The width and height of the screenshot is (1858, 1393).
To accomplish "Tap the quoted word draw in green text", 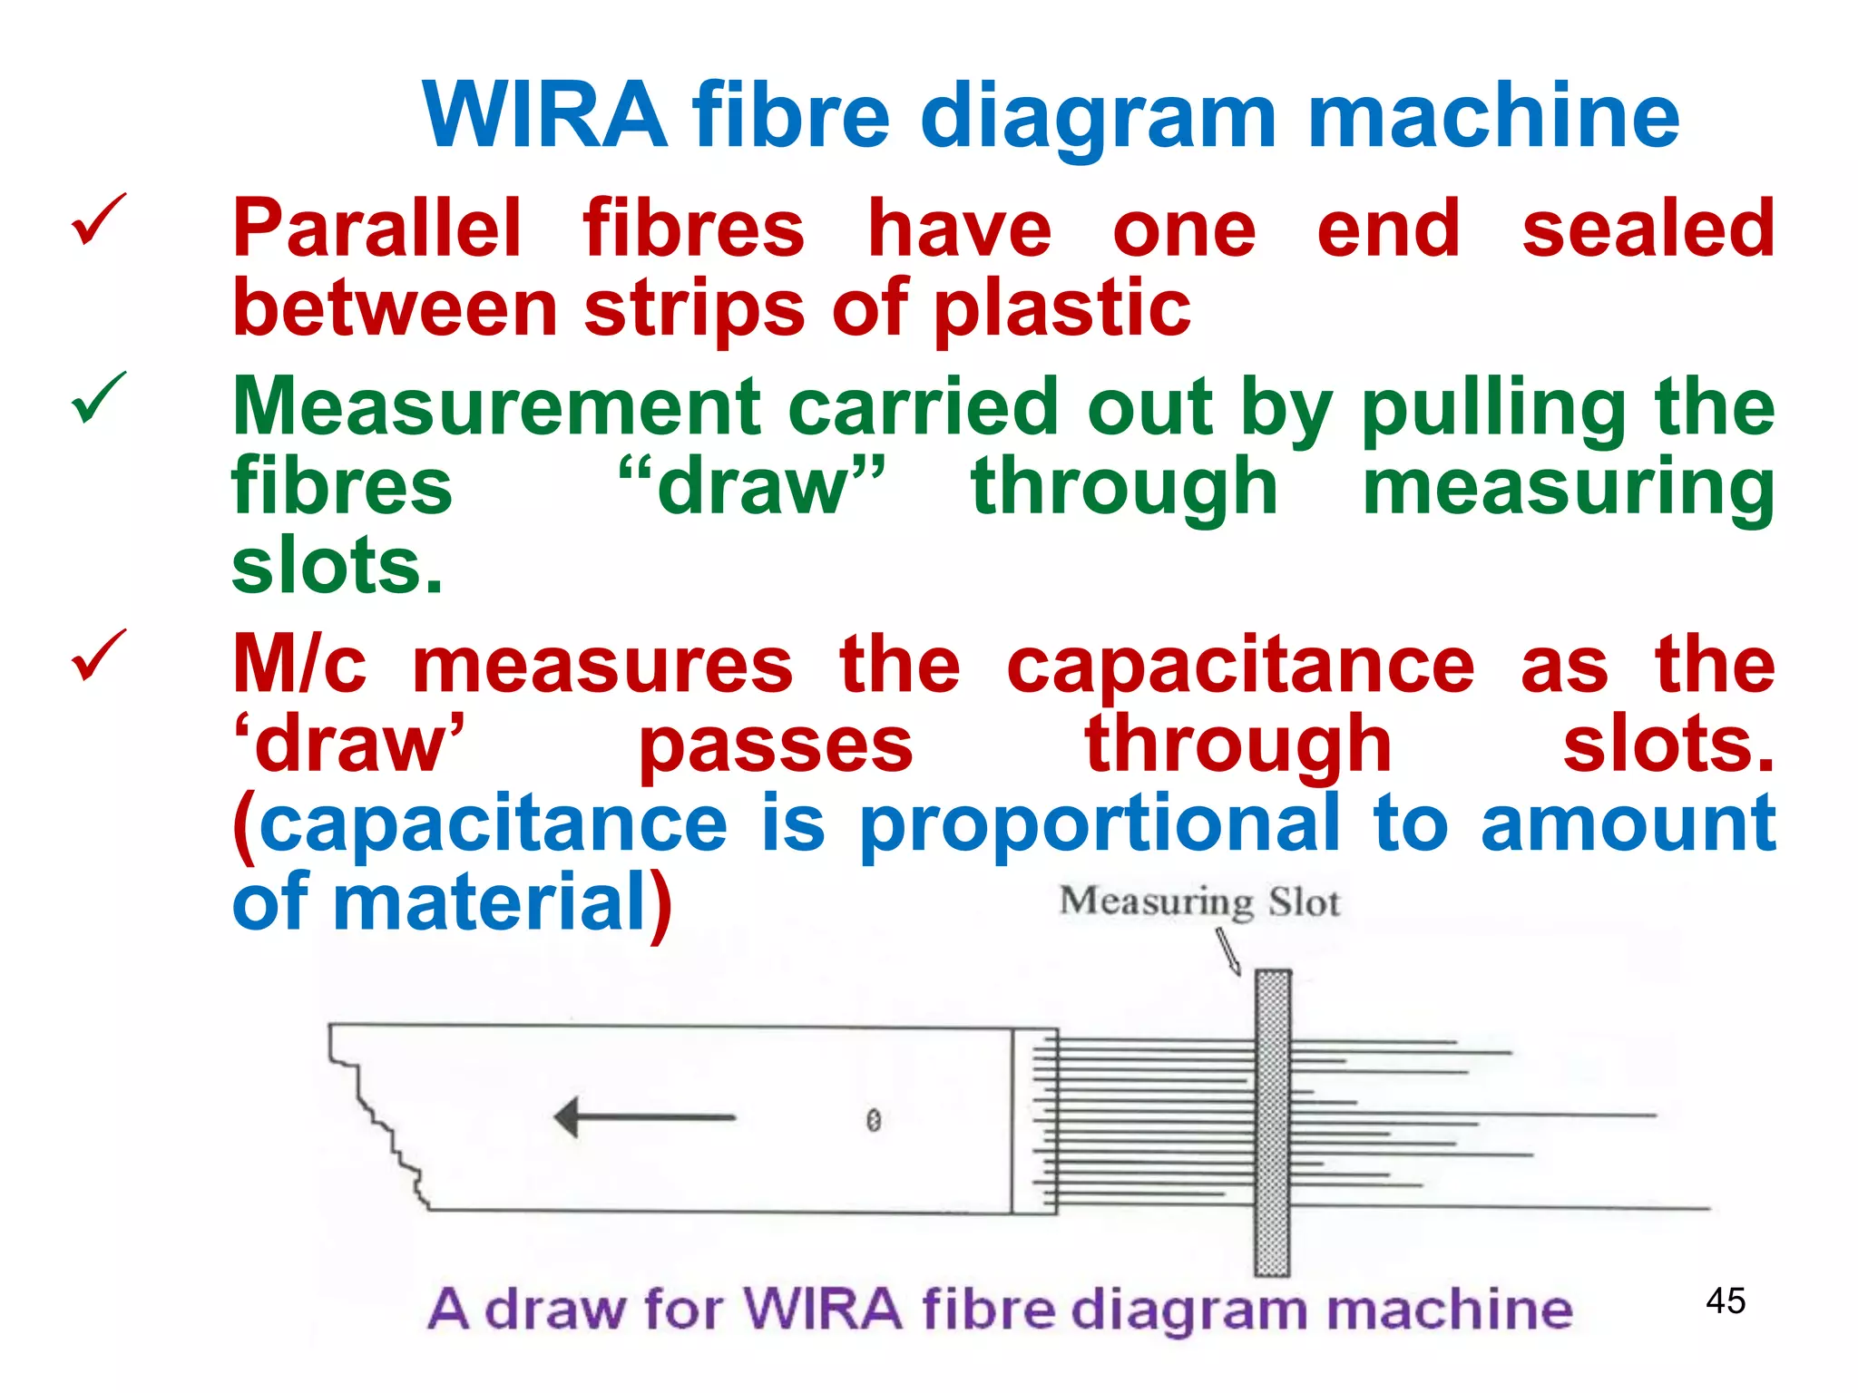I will [x=751, y=487].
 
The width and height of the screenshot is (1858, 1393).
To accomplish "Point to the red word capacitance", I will [x=1241, y=667].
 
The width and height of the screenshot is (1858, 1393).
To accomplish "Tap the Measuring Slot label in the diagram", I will [x=1199, y=902].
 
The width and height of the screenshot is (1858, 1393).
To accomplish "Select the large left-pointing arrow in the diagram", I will [x=644, y=1117].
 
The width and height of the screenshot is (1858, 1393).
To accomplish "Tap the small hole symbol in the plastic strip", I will [x=873, y=1121].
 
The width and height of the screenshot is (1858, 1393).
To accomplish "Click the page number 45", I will [x=1726, y=1300].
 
